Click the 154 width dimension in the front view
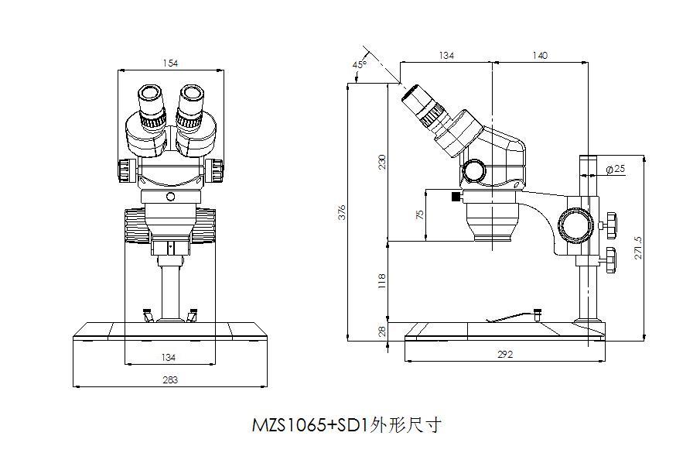tap(170, 62)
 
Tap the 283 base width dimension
tap(170, 379)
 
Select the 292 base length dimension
tap(506, 355)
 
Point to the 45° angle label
tap(359, 65)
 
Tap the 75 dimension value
tap(420, 215)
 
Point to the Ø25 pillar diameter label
tap(616, 169)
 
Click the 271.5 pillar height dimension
tap(639, 248)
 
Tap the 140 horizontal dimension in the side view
tap(540, 55)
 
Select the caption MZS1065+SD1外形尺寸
tap(347, 425)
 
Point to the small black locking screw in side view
tap(456, 197)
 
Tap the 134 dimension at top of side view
tap(446, 55)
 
